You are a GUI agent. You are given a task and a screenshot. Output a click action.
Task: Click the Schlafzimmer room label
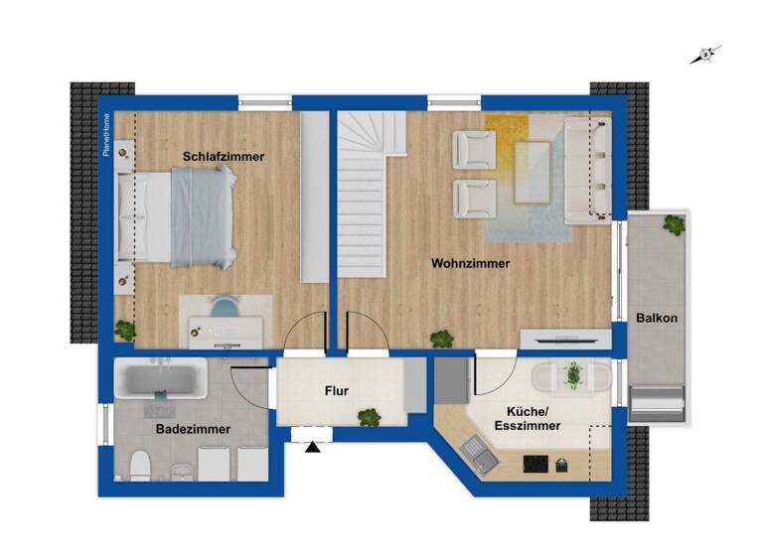(x=224, y=157)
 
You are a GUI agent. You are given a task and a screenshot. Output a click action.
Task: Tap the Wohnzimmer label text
(x=471, y=264)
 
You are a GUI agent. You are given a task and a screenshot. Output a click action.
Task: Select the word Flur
(x=337, y=391)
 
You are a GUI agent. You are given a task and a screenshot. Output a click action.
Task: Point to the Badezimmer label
(x=193, y=430)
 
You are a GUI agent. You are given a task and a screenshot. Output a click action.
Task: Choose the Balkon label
(x=658, y=319)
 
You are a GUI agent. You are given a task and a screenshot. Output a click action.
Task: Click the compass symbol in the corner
(x=706, y=55)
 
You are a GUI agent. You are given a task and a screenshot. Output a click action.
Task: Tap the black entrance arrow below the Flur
(x=313, y=448)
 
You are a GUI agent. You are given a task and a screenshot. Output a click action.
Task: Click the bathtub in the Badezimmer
(x=160, y=379)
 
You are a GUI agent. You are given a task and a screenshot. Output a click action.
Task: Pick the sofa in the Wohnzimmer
(x=586, y=169)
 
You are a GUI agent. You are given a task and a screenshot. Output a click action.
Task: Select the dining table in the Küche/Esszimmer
(x=570, y=377)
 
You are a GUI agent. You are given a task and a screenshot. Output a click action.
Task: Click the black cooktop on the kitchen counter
(x=534, y=463)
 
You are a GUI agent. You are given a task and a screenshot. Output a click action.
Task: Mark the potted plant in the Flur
(x=369, y=418)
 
